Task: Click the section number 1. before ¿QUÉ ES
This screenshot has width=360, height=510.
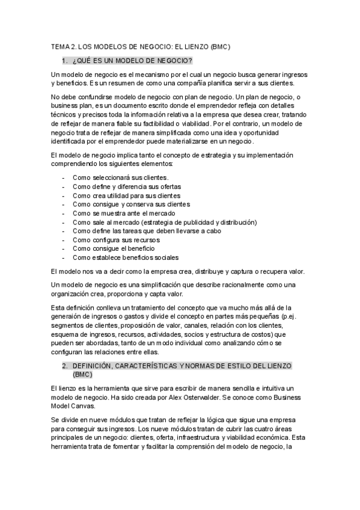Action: pyautogui.click(x=64, y=61)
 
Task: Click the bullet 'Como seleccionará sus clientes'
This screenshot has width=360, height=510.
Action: pyautogui.click(x=120, y=178)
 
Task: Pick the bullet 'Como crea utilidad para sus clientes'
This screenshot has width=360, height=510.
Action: pyautogui.click(x=126, y=195)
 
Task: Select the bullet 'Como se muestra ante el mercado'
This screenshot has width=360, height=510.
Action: pyautogui.click(x=124, y=213)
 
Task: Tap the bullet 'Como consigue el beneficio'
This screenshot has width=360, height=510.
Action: pyautogui.click(x=114, y=248)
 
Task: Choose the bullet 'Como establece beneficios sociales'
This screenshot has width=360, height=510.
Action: pyautogui.click(x=125, y=257)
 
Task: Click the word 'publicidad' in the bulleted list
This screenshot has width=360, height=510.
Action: pyautogui.click(x=195, y=222)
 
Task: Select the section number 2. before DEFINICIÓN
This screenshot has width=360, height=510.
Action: pyautogui.click(x=64, y=365)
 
